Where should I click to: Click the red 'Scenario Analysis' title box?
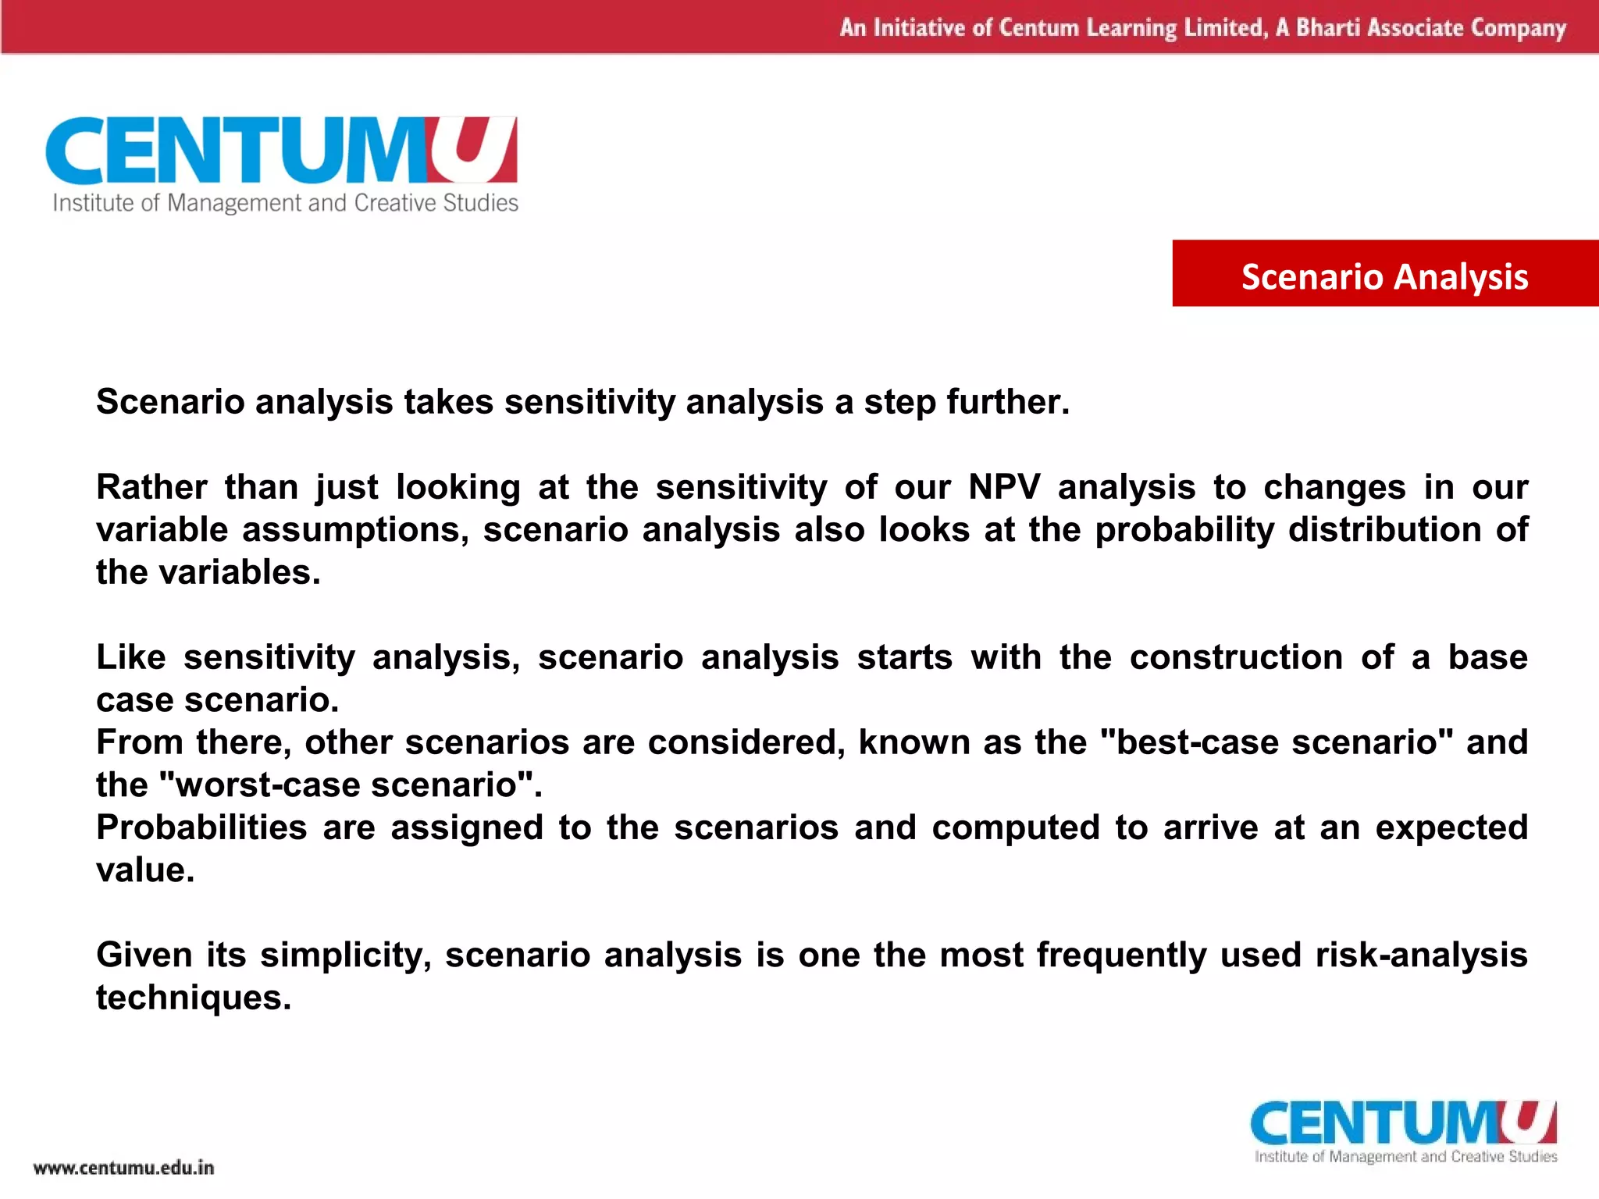1384,274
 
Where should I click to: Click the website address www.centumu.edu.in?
123,1168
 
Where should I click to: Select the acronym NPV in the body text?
1004,487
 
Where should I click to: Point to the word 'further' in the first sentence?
1004,402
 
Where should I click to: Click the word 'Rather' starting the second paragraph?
151,487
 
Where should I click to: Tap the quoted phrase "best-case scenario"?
1276,742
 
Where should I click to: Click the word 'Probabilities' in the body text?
201,827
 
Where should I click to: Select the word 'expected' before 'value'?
1451,827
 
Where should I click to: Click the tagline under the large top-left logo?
285,203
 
